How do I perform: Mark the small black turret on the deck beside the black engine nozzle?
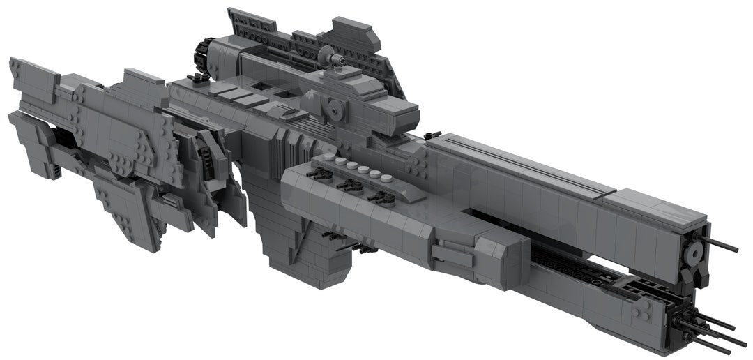point(197,78)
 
